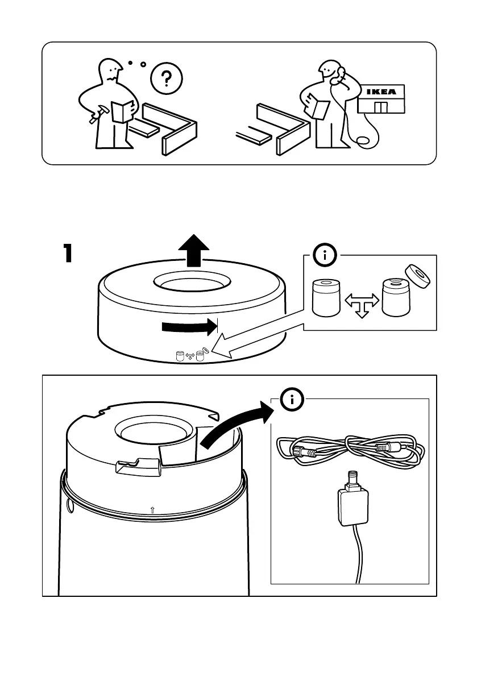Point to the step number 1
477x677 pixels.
tap(68, 253)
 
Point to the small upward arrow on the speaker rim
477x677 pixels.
tap(152, 510)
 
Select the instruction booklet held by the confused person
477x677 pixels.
tap(122, 111)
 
